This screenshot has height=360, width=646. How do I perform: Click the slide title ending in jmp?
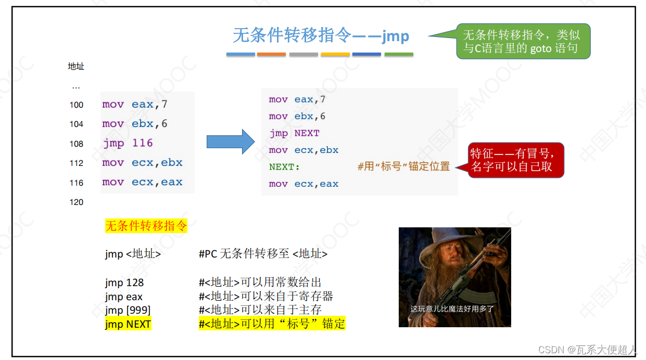click(x=321, y=36)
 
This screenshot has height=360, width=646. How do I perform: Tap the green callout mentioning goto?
click(x=523, y=42)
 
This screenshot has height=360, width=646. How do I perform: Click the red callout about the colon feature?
click(x=516, y=160)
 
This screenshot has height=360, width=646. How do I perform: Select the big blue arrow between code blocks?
click(x=230, y=142)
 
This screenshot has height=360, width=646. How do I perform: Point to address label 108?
click(x=77, y=144)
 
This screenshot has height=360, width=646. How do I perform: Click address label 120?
click(x=77, y=202)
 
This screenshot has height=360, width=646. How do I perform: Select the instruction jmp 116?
click(x=128, y=143)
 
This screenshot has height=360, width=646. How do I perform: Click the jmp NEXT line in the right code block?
click(x=294, y=133)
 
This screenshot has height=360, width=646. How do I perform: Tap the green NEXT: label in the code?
click(x=284, y=167)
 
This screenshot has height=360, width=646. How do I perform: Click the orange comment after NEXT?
click(x=403, y=167)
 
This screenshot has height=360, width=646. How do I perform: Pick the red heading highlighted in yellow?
click(x=146, y=226)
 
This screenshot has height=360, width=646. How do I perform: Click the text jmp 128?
click(x=124, y=282)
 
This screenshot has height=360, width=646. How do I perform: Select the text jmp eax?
click(x=124, y=297)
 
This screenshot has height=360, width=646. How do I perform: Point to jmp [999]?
click(x=128, y=310)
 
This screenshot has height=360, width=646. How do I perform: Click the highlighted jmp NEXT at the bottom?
click(x=128, y=324)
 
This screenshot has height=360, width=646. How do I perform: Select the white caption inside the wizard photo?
click(x=452, y=309)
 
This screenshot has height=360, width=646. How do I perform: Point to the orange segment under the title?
click(x=271, y=54)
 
